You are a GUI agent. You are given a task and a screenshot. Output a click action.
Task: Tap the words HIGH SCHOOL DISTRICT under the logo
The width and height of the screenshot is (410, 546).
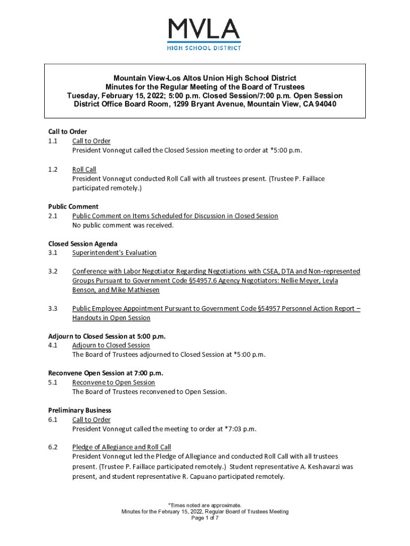click(x=204, y=47)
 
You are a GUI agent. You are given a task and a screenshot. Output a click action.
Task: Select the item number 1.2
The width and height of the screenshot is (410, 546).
click(x=53, y=170)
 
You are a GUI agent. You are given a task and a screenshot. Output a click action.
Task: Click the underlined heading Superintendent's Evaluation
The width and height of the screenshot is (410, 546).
click(x=114, y=253)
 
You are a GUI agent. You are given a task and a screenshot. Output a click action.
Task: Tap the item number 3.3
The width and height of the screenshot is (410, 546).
click(x=53, y=308)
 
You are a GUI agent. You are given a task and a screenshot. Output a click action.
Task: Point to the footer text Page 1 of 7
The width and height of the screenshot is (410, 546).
click(x=204, y=518)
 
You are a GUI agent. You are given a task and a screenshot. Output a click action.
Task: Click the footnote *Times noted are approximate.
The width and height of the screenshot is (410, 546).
click(x=204, y=505)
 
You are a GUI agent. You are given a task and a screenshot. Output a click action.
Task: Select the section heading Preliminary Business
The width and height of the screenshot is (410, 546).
click(x=79, y=411)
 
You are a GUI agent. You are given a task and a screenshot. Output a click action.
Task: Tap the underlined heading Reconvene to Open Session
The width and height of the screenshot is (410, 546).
click(x=113, y=382)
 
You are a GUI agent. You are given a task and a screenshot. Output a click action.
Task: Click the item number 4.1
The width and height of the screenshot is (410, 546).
click(x=53, y=346)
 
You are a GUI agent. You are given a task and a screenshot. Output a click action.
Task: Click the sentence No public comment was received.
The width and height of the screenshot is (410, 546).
click(x=122, y=225)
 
